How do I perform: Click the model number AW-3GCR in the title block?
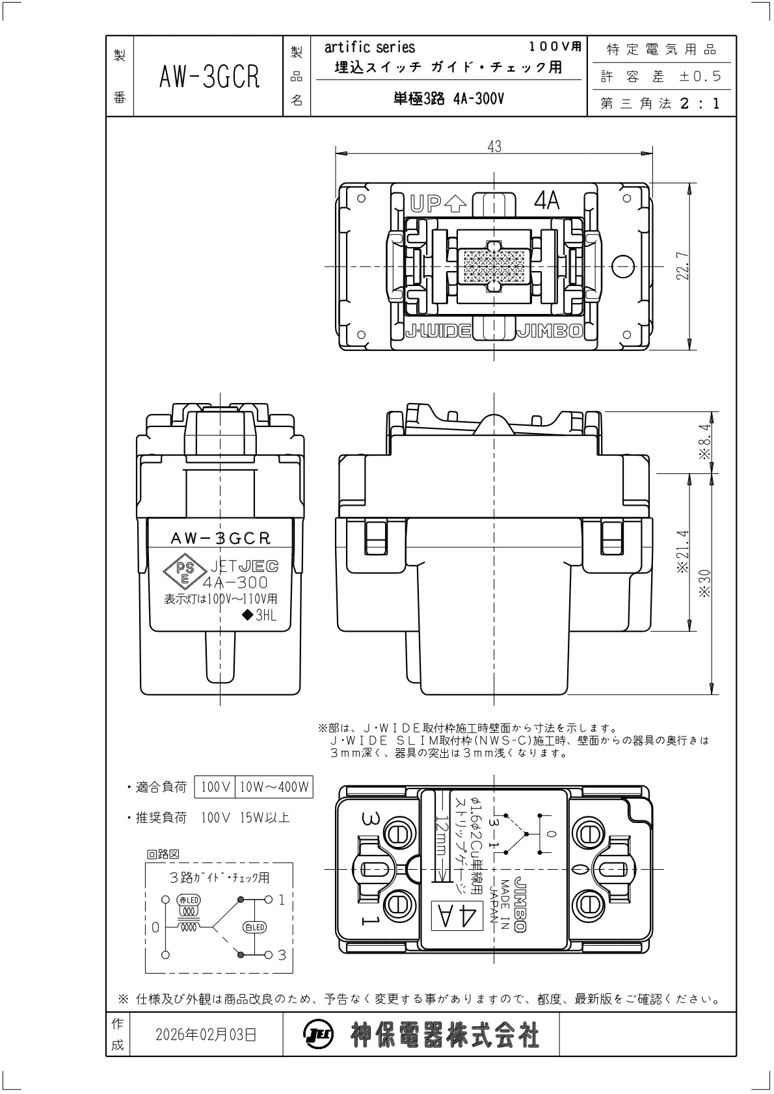[209, 77]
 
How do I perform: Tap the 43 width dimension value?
[494, 146]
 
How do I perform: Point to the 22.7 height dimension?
[682, 266]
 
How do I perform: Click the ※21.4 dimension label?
[682, 551]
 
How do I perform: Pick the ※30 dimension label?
[704, 584]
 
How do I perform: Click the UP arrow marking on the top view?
[438, 203]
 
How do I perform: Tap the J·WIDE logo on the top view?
[438, 331]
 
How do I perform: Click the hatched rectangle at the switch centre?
[494, 266]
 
